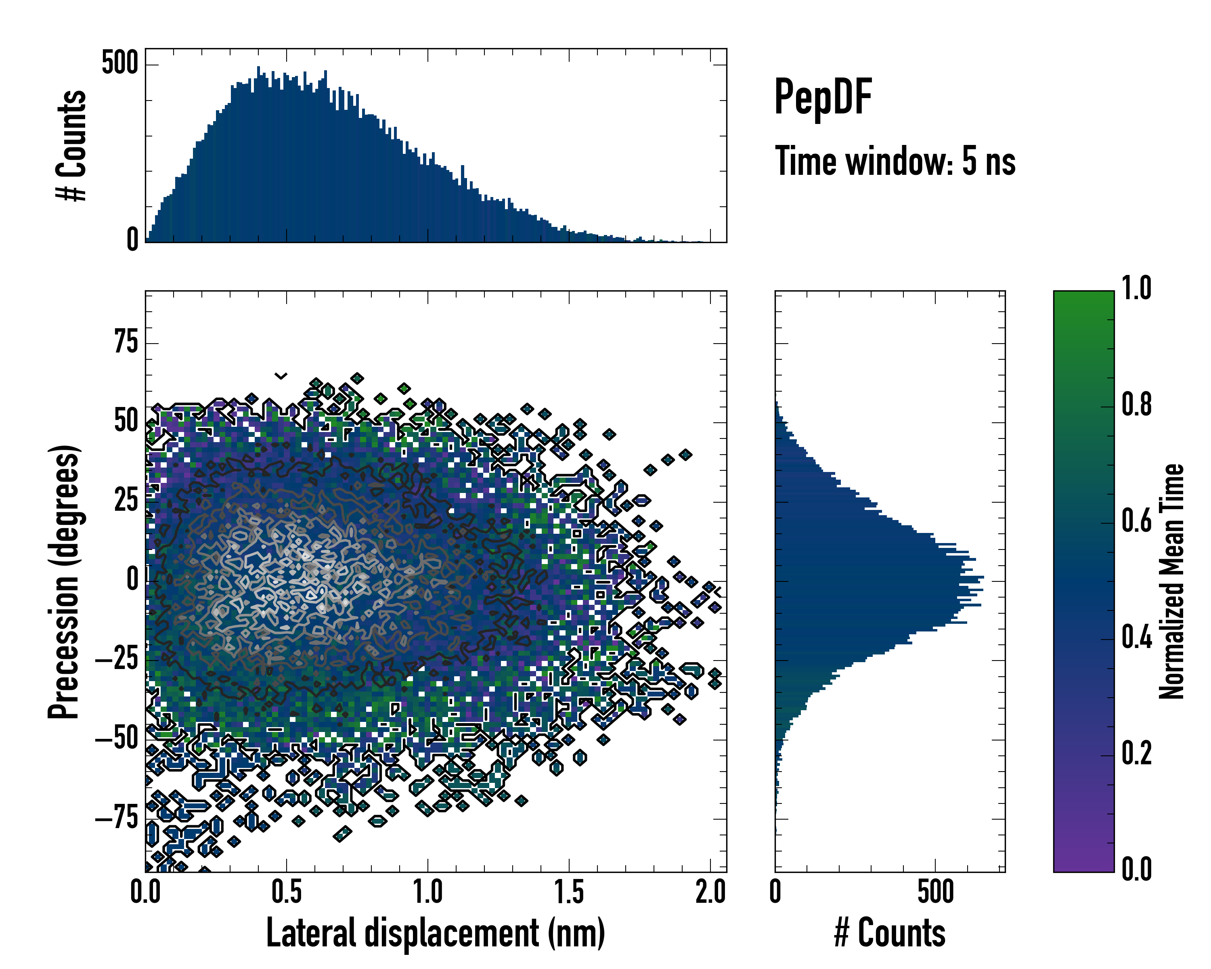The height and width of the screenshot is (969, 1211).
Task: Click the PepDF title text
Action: click(822, 96)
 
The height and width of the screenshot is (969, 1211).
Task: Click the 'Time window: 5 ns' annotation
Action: click(895, 161)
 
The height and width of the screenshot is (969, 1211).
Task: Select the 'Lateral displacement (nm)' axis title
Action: click(435, 933)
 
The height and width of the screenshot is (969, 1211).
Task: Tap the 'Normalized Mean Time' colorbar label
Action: click(1172, 581)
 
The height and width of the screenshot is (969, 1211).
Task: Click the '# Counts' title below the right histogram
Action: click(890, 933)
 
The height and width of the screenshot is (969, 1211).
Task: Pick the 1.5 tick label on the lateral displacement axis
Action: click(569, 892)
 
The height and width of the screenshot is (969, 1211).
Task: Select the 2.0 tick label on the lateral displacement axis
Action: click(710, 892)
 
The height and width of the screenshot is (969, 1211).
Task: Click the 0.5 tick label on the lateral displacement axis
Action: click(287, 892)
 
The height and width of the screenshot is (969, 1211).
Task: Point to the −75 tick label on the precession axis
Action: click(117, 818)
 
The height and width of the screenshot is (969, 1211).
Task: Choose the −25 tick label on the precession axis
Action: click(117, 659)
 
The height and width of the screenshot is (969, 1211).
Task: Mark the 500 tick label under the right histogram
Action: click(936, 892)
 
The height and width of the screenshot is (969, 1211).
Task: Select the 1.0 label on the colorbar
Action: click(1136, 288)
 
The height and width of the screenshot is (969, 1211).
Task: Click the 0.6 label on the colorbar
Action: click(1136, 521)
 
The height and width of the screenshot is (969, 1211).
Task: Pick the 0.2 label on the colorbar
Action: click(1136, 753)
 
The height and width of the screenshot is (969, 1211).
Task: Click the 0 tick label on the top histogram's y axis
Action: click(132, 240)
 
